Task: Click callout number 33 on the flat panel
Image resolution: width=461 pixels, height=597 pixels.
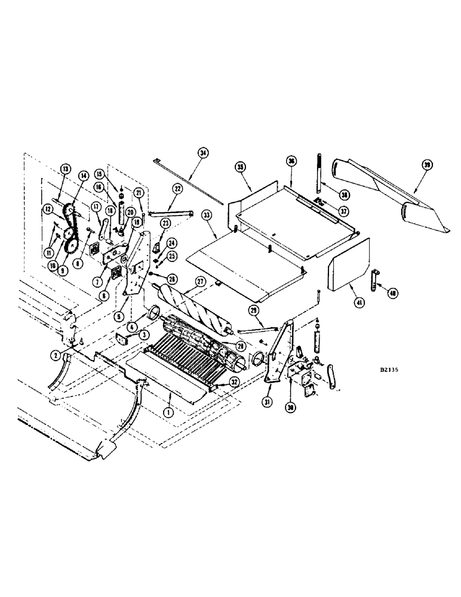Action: coord(207,214)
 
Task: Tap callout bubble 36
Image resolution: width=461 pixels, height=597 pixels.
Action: coord(291,161)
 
